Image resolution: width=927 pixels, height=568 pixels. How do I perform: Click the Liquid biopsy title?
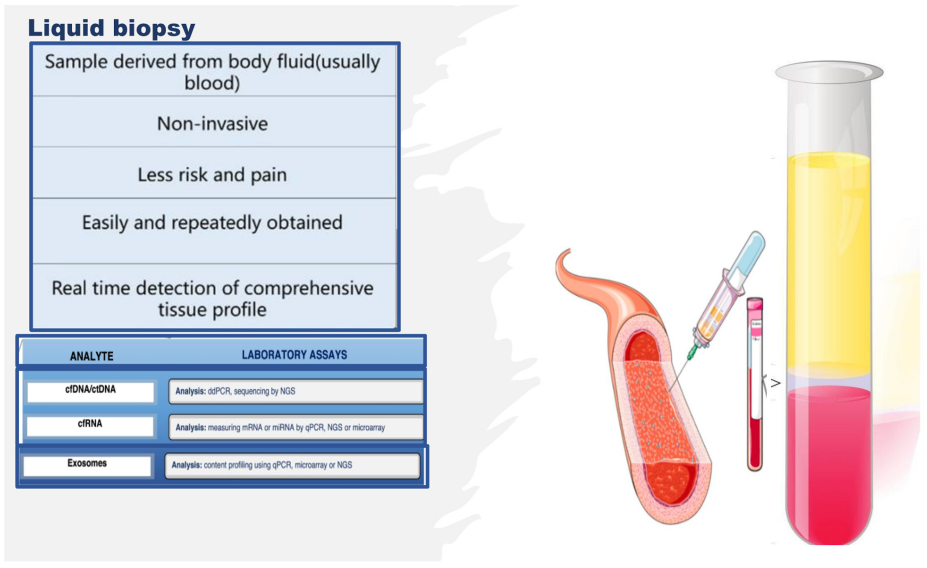coord(111,29)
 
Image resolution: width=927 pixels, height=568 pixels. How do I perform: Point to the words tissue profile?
coord(212,310)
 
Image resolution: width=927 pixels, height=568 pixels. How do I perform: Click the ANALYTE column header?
coord(91,356)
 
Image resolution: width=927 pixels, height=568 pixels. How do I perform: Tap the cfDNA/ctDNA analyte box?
coord(90,392)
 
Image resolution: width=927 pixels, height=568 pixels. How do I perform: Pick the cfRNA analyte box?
coord(90,426)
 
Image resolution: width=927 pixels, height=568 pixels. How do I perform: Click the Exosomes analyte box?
coord(87,466)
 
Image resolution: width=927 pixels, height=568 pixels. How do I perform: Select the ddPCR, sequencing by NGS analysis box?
coord(296,391)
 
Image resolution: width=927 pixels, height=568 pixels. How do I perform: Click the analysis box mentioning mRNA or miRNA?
coord(296,427)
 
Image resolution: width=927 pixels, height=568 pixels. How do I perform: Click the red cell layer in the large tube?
coord(829,463)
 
